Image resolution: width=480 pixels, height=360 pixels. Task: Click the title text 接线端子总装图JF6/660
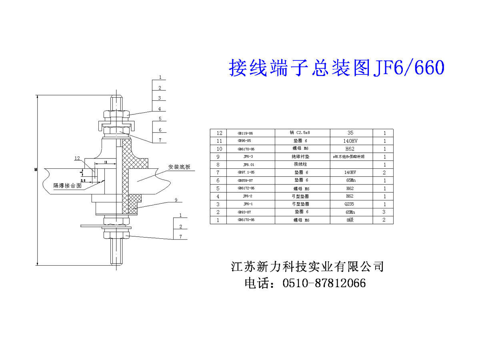point(336,68)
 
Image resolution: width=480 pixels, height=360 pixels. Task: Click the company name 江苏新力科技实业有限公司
point(308,266)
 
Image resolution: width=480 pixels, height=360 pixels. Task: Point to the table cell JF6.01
point(249,164)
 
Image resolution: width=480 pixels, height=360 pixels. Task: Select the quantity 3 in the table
point(384,212)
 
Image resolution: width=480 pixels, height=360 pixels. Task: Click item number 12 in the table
point(218,133)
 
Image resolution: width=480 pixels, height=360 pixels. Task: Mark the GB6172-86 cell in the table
point(246,188)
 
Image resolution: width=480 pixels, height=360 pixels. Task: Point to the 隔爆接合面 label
point(68,186)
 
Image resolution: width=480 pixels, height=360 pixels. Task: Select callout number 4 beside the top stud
point(159,108)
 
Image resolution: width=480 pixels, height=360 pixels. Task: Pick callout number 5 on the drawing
point(160,119)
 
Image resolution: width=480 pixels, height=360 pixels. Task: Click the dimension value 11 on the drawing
point(105,162)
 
